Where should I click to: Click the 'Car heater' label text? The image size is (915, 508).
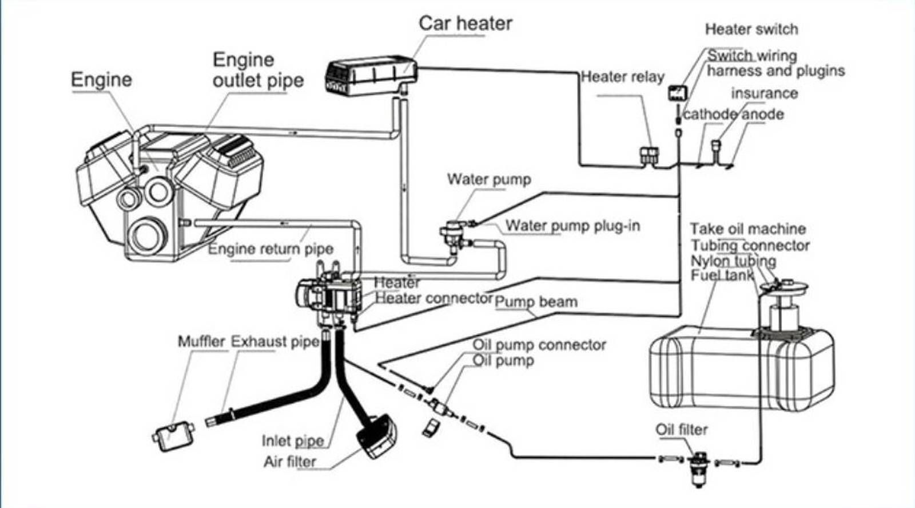466,23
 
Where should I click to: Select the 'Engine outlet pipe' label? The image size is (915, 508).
258,70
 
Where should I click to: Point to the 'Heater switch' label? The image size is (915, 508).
751,29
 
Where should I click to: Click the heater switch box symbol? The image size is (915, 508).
677,93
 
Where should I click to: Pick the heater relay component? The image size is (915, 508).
649,156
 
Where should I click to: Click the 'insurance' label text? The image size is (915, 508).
764,93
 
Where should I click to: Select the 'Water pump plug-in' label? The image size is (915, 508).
572,226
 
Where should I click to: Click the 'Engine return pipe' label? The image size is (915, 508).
271,249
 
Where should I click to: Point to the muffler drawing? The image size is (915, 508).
173,437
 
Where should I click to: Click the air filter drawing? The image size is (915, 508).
377,436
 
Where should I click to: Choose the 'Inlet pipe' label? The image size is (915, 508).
293,441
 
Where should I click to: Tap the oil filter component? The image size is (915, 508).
699,469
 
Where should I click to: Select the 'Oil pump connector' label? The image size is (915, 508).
539,345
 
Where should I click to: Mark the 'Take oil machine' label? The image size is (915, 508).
748,229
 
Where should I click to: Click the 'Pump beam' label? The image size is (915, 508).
536,302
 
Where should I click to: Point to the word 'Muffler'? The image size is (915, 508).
201,341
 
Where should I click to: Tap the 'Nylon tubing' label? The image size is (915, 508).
733,261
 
